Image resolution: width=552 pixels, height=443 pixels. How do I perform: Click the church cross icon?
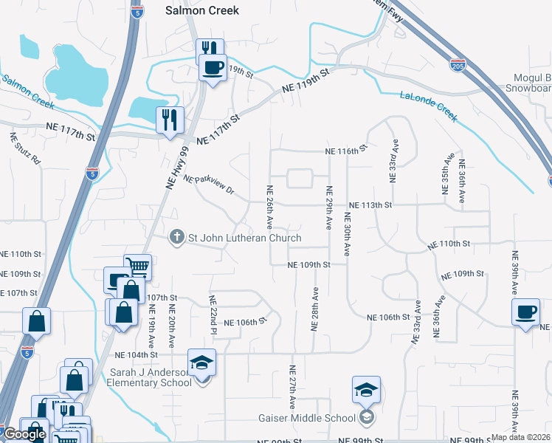pyautogui.click(x=176, y=237)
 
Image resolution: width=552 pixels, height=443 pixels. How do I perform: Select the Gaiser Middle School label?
pyautogui.click(x=307, y=418)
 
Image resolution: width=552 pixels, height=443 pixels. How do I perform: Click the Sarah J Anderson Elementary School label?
pyautogui.click(x=149, y=377)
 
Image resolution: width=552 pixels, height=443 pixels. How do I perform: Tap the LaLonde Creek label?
pyautogui.click(x=429, y=106)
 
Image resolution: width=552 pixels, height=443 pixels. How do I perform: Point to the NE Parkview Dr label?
pyautogui.click(x=208, y=185)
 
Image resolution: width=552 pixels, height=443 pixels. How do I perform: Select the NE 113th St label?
pyautogui.click(x=370, y=205)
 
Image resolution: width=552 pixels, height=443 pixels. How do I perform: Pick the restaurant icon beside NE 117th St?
pyautogui.click(x=170, y=119)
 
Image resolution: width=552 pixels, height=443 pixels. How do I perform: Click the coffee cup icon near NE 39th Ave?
pyautogui.click(x=526, y=312)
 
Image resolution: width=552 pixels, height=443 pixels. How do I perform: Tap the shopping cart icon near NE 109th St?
pyautogui.click(x=137, y=265)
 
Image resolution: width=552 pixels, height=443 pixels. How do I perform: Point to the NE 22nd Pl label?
pyautogui.click(x=213, y=313)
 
